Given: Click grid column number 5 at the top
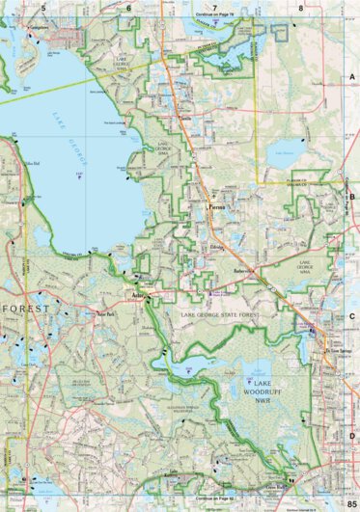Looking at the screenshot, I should point(43,7).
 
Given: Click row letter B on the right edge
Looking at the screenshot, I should point(352,196).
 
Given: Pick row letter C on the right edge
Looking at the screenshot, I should point(352,315).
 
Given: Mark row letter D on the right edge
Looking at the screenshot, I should point(352,434).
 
